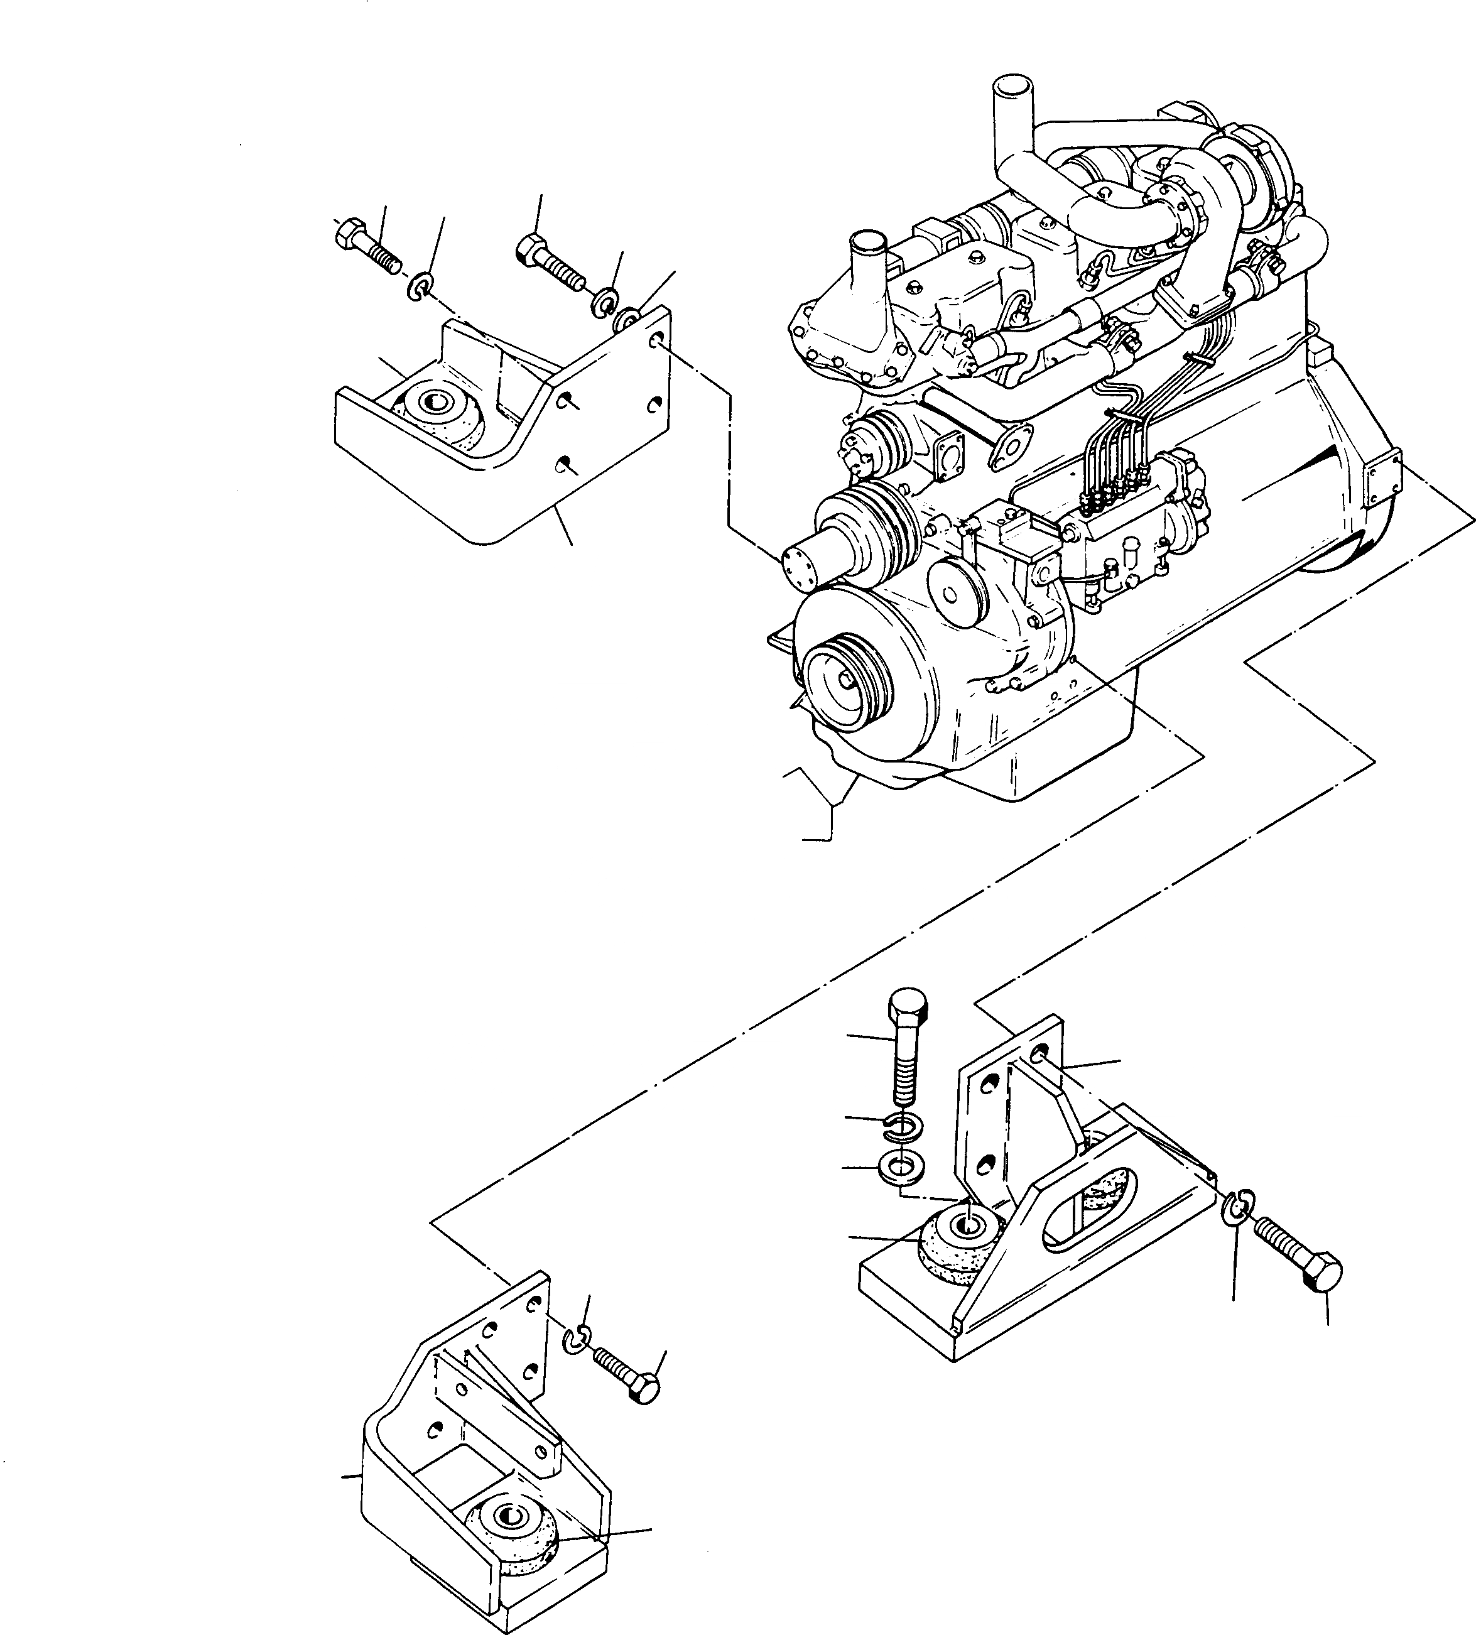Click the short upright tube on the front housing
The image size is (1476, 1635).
coord(868,268)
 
